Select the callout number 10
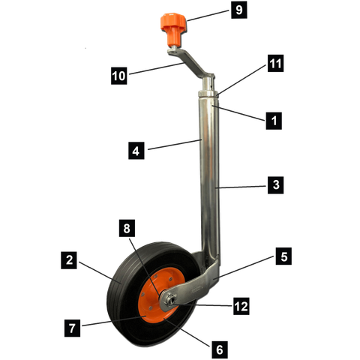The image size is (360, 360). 118,76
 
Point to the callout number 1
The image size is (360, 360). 274,119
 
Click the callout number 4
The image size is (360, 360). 136,151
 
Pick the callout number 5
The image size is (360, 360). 283,256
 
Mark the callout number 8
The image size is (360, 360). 127,227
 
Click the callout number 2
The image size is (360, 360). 69,261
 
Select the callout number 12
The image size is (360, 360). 241,306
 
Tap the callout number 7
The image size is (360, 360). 72,327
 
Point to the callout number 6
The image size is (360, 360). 220,349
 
